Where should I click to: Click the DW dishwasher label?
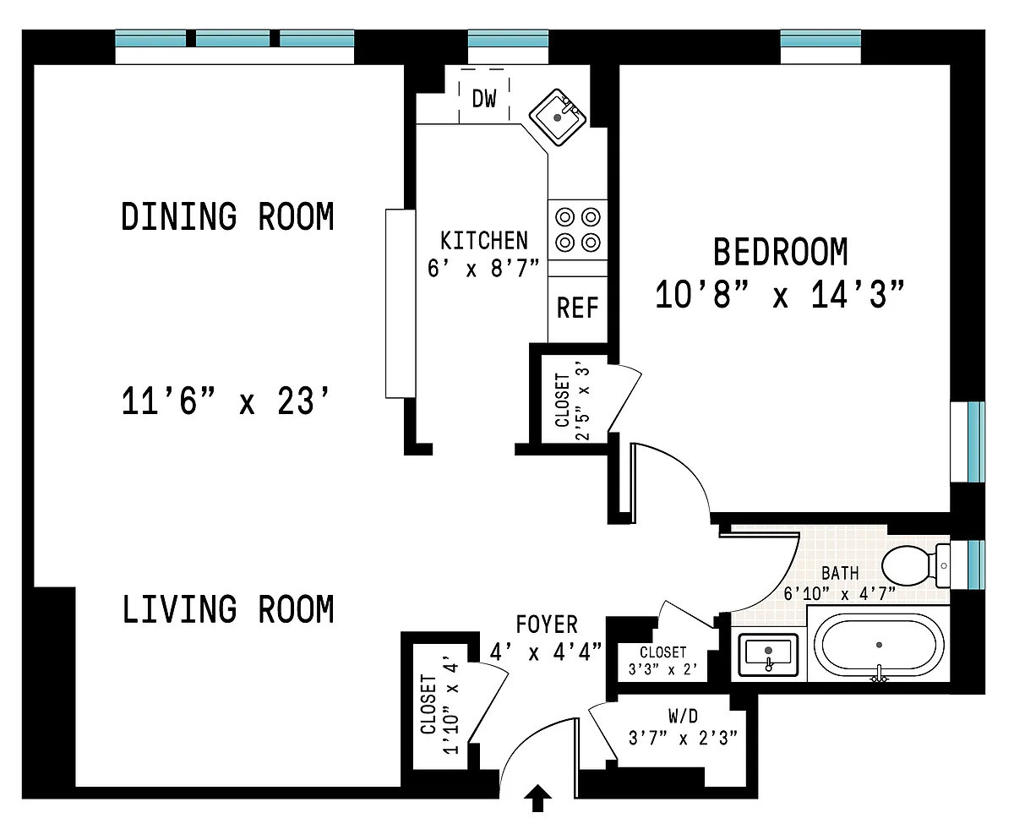483,99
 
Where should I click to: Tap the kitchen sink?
557,117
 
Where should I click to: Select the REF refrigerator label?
577,308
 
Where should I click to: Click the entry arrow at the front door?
537,799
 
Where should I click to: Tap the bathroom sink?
768,654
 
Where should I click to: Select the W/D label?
683,716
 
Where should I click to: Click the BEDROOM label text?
780,252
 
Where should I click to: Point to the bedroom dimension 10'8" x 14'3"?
780,294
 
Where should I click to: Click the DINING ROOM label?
227,216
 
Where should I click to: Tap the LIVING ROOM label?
228,609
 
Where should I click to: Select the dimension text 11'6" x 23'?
226,401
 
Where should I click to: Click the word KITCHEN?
484,241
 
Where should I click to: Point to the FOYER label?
547,624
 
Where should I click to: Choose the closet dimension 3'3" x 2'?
663,669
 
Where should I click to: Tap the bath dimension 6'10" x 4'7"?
839,594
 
